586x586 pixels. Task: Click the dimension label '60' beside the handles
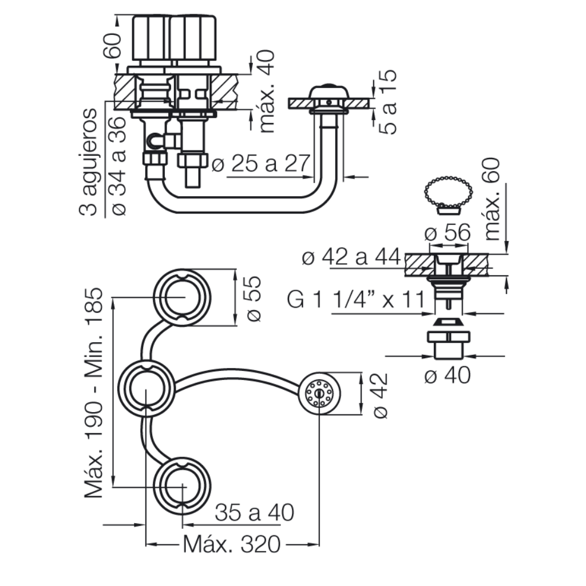(113, 45)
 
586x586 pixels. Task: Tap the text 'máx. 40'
(267, 92)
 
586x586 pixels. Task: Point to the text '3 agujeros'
(88, 162)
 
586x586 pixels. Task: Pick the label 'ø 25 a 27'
(261, 163)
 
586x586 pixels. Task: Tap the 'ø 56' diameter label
(448, 232)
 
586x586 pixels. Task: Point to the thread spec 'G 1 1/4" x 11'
(356, 299)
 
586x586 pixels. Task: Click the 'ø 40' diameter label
(448, 375)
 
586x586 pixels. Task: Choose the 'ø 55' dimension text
(254, 298)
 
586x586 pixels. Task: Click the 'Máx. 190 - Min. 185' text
(93, 393)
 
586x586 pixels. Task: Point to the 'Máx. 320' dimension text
(232, 544)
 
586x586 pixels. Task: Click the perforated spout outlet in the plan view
(319, 393)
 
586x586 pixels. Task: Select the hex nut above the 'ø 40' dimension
(448, 336)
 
